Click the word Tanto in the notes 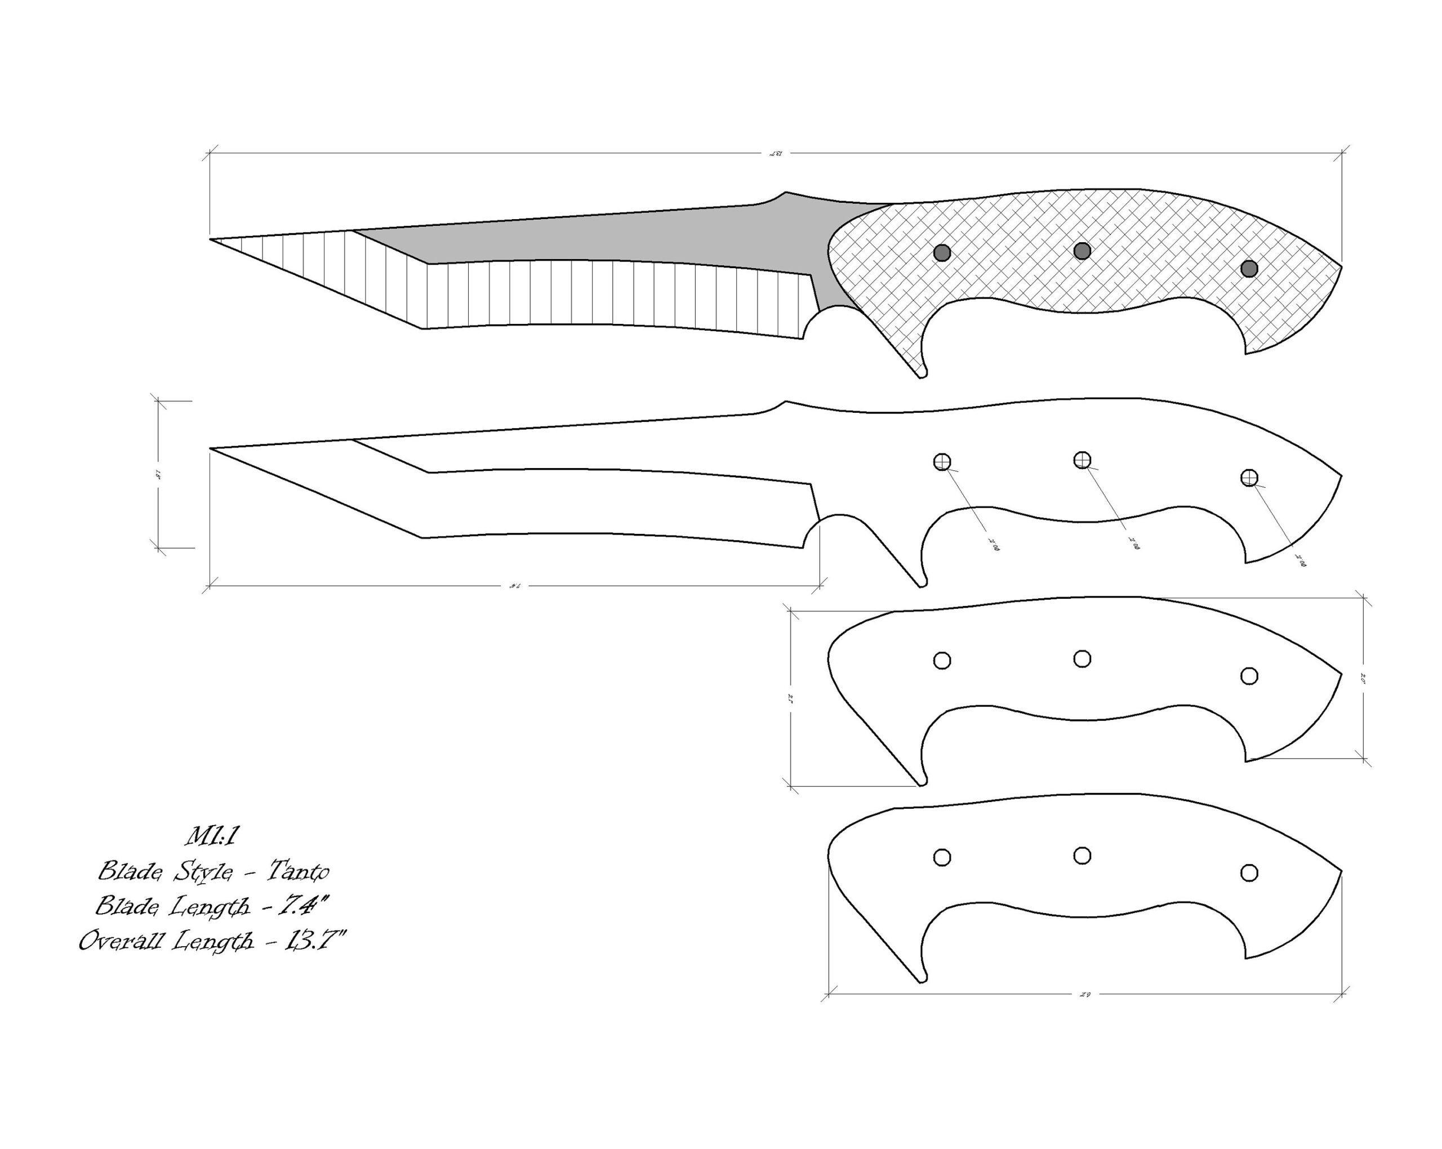pyautogui.click(x=299, y=871)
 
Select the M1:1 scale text pyautogui.click(x=212, y=836)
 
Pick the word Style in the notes pyautogui.click(x=203, y=871)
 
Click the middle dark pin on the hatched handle pyautogui.click(x=1082, y=251)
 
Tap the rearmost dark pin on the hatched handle pyautogui.click(x=1249, y=268)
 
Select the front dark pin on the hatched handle pyautogui.click(x=942, y=253)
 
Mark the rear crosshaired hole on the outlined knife pyautogui.click(x=1249, y=478)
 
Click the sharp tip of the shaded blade pyautogui.click(x=211, y=239)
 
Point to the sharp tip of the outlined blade pyautogui.click(x=211, y=449)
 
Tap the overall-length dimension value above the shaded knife pyautogui.click(x=775, y=154)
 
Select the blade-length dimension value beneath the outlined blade pyautogui.click(x=515, y=586)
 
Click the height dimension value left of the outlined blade pyautogui.click(x=158, y=475)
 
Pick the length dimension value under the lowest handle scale pyautogui.click(x=1085, y=995)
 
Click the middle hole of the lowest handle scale pyautogui.click(x=1082, y=856)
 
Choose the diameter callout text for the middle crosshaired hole pyautogui.click(x=1133, y=543)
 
